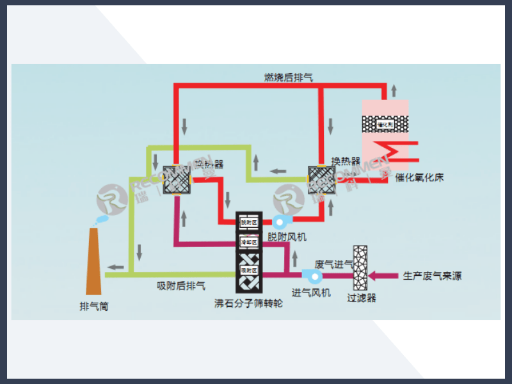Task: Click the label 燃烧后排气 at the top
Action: [x=289, y=77]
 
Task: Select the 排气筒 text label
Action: [x=93, y=307]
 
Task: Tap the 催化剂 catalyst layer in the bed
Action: [x=385, y=124]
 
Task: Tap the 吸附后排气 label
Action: [x=181, y=285]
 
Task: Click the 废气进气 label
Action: [x=333, y=263]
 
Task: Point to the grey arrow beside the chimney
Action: [x=116, y=267]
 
